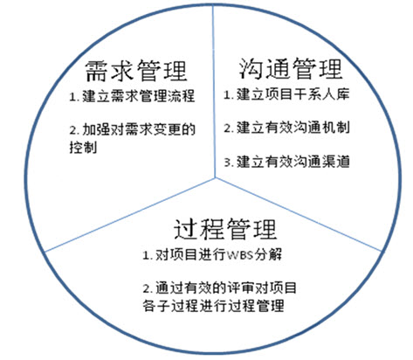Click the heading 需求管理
(x=136, y=71)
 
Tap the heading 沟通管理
(x=291, y=68)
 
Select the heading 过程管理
(x=225, y=229)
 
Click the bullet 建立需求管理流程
(x=138, y=96)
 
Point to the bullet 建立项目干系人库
(x=293, y=94)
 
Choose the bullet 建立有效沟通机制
(x=293, y=128)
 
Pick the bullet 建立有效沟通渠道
(x=293, y=162)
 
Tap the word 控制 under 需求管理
(x=83, y=147)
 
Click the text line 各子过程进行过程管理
(x=213, y=306)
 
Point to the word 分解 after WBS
(x=268, y=255)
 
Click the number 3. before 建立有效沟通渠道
(x=230, y=163)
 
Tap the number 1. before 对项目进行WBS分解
(x=148, y=255)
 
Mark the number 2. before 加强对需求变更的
(x=74, y=130)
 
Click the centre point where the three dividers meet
(x=216, y=177)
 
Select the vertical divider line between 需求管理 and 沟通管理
(x=214, y=92)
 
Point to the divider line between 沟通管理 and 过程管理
(x=298, y=214)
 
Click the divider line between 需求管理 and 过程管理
(x=130, y=214)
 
